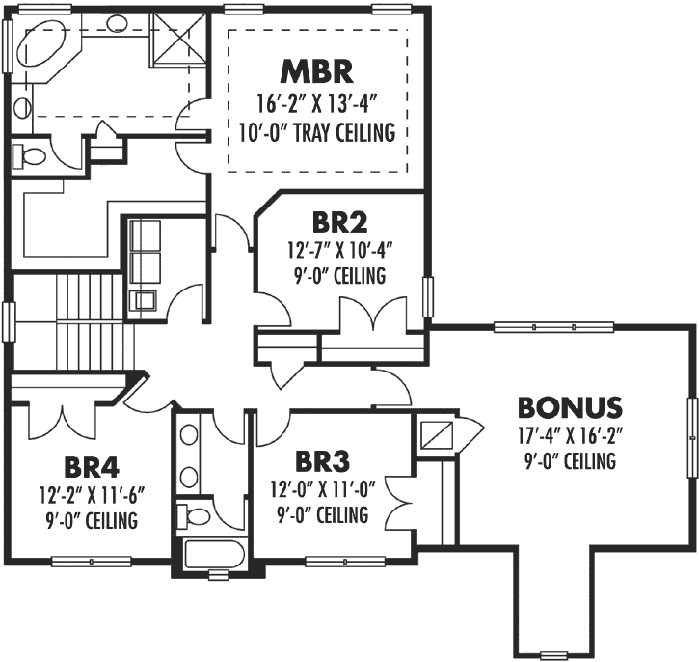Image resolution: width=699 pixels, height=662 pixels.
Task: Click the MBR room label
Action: [x=317, y=71]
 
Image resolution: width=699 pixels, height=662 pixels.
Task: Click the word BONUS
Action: [x=570, y=406]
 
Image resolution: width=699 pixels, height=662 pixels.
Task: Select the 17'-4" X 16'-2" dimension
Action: [x=570, y=435]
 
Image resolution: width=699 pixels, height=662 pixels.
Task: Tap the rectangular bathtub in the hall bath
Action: [x=214, y=555]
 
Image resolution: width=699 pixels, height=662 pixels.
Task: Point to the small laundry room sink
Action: [x=146, y=299]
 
